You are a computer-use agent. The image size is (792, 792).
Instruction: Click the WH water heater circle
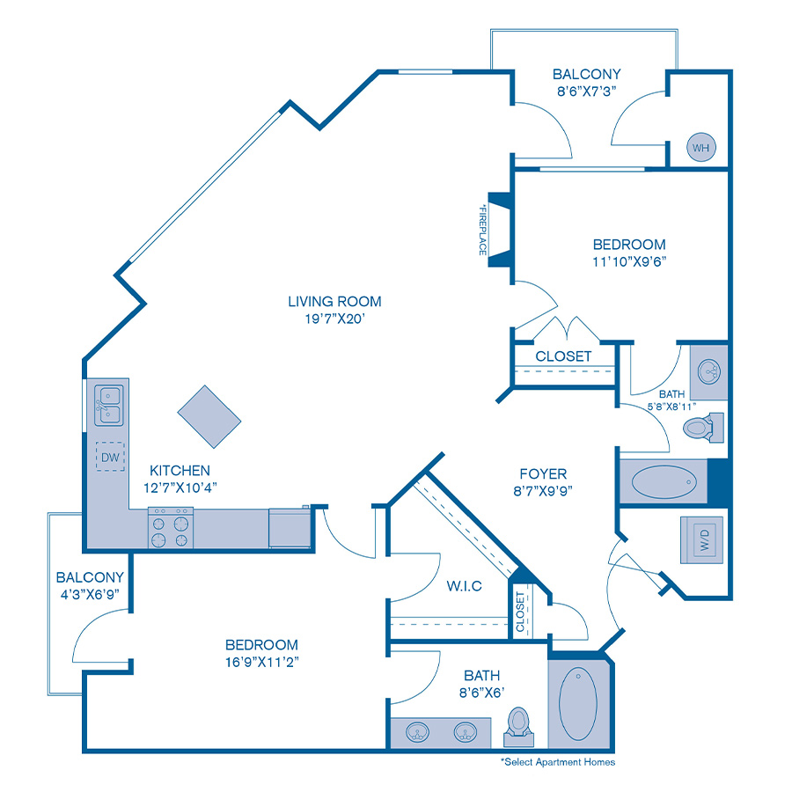tap(700, 147)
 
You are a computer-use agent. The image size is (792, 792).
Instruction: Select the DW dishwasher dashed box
tap(109, 456)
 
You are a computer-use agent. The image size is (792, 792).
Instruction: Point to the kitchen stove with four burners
tap(170, 529)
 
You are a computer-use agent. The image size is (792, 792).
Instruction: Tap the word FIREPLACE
tap(482, 230)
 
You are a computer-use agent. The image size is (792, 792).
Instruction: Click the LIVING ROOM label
tap(334, 302)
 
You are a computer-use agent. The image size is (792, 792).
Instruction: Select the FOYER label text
tap(542, 473)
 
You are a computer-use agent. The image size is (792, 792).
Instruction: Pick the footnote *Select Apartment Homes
tap(558, 762)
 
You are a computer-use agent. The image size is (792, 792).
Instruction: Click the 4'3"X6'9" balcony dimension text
tap(88, 595)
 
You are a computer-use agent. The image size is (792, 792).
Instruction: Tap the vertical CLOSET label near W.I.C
tap(520, 612)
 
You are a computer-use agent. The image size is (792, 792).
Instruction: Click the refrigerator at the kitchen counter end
tap(290, 527)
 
